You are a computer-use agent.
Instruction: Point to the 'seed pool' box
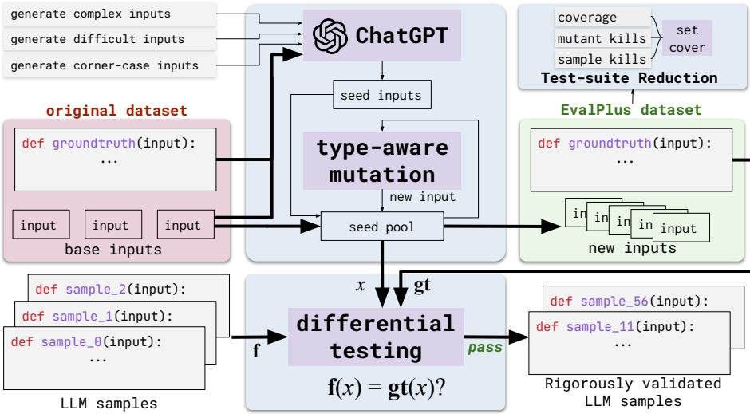coord(381,227)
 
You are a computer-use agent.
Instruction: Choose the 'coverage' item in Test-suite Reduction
coord(582,16)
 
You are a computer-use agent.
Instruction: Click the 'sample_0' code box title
coord(93,341)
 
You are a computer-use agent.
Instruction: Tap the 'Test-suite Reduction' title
coord(629,78)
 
